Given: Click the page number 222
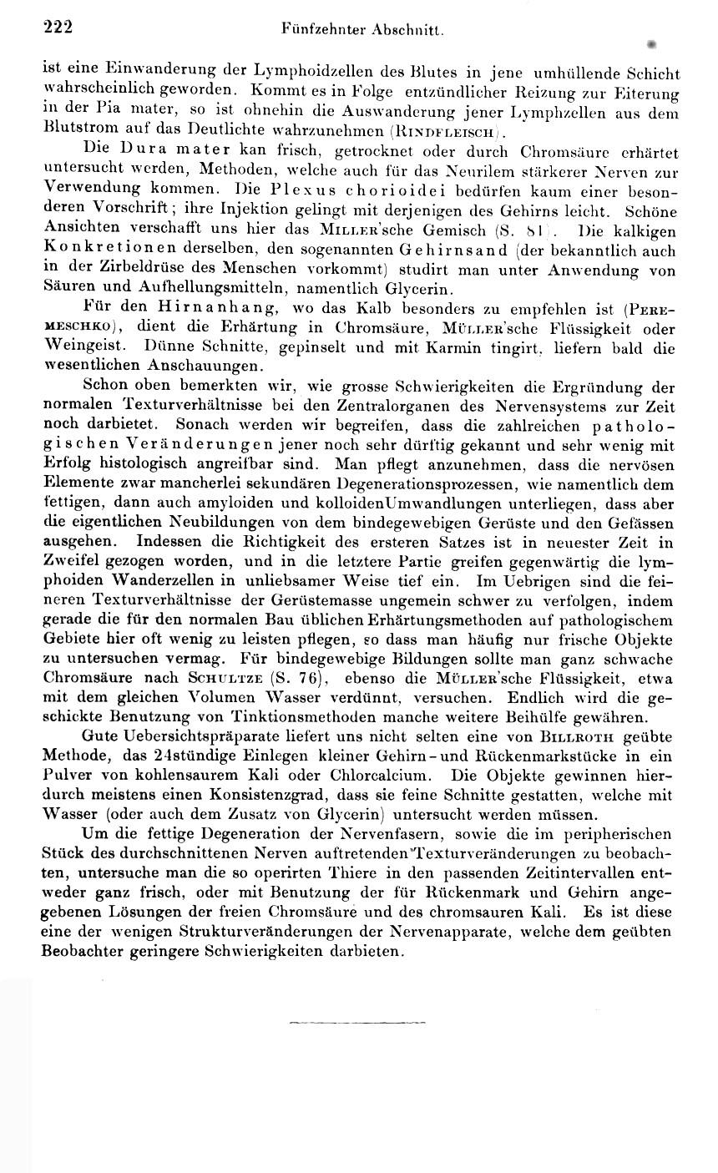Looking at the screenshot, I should click(58, 28).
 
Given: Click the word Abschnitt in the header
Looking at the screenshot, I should click(409, 30).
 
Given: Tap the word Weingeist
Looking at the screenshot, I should click(78, 347).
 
